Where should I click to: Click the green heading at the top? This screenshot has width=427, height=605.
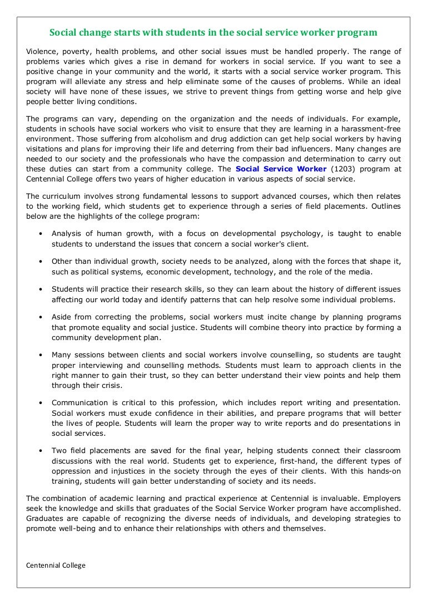click(213, 33)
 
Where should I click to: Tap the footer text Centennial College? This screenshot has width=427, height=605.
click(56, 565)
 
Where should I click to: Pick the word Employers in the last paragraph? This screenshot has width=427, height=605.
click(381, 499)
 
